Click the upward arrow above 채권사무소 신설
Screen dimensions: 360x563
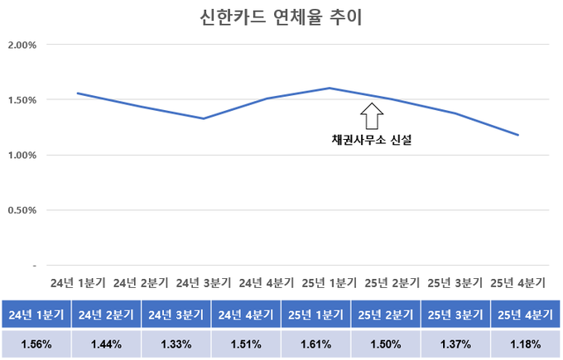tap(372, 113)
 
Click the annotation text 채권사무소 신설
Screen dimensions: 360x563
tap(372, 141)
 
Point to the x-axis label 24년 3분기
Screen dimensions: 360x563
tap(204, 282)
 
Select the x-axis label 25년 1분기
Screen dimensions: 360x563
tap(330, 282)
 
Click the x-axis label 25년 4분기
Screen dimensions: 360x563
tap(517, 282)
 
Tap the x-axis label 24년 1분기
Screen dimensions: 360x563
tap(78, 282)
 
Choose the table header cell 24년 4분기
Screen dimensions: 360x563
tap(245, 314)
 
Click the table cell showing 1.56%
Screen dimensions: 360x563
tap(35, 343)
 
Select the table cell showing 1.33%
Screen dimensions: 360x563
tap(175, 343)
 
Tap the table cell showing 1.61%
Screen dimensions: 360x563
tap(315, 343)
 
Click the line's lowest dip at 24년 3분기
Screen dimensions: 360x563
tap(204, 118)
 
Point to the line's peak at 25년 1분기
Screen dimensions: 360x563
tap(330, 88)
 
